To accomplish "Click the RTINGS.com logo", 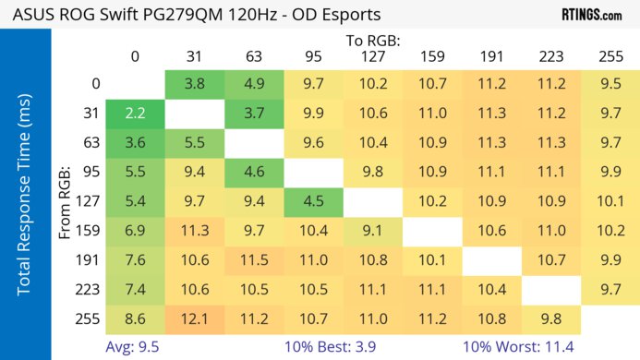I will [x=591, y=15].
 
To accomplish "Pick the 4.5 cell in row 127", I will [x=314, y=201].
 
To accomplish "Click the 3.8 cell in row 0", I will [x=195, y=84].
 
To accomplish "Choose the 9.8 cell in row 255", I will [x=551, y=319].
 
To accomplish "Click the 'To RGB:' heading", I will [x=372, y=41].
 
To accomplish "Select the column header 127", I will [x=373, y=56].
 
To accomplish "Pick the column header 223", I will [x=551, y=56].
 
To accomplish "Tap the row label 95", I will [x=95, y=173].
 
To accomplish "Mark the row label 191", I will [x=95, y=261].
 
